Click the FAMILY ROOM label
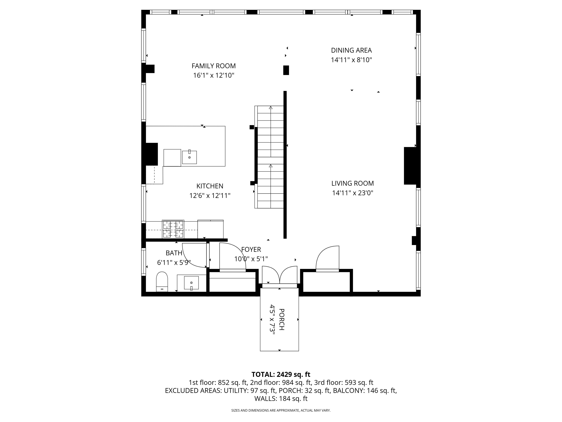(x=214, y=66)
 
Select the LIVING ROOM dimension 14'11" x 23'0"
(x=353, y=193)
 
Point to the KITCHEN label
(x=210, y=186)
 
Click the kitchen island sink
(x=189, y=157)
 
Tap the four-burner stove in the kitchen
(x=173, y=229)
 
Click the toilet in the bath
(x=162, y=282)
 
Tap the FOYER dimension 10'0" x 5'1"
(x=251, y=259)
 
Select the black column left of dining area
(x=286, y=70)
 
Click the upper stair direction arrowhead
(x=271, y=108)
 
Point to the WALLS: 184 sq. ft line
(x=281, y=399)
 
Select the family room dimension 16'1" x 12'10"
(x=214, y=75)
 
